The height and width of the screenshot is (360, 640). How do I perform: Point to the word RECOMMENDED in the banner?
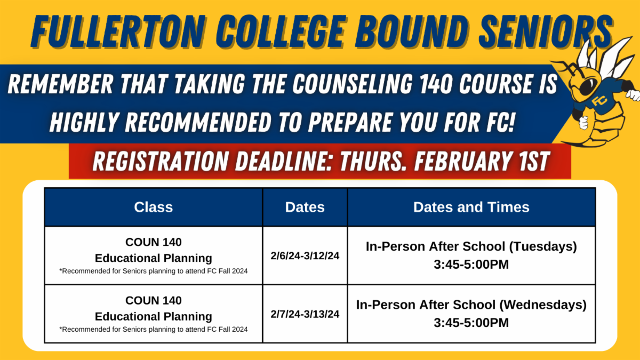(x=198, y=122)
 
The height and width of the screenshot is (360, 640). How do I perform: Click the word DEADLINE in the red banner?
(x=283, y=161)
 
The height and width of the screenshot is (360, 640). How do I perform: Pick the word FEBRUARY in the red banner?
(x=463, y=161)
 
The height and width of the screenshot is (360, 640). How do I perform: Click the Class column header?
(x=154, y=207)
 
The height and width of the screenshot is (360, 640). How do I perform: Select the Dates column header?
(x=305, y=207)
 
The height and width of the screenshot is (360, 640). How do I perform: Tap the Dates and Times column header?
(x=471, y=207)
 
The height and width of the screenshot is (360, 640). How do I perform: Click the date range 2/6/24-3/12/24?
(x=305, y=255)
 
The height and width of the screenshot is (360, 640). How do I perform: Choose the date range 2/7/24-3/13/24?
(x=305, y=314)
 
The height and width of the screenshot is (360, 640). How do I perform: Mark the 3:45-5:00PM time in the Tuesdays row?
(x=471, y=265)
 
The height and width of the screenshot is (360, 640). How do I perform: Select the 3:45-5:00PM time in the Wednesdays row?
(x=471, y=323)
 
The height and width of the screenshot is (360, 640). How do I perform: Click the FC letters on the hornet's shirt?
(x=599, y=101)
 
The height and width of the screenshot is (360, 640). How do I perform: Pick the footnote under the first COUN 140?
(x=154, y=271)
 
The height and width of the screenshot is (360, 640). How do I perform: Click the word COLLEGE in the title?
(x=281, y=31)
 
